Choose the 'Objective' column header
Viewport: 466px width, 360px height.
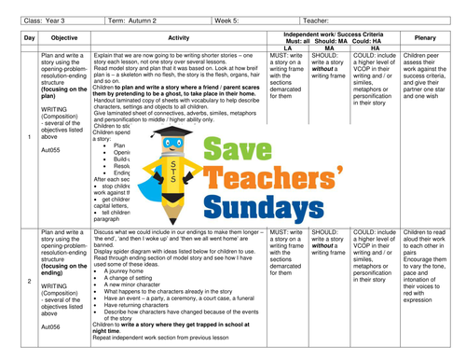(x=64, y=37)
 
